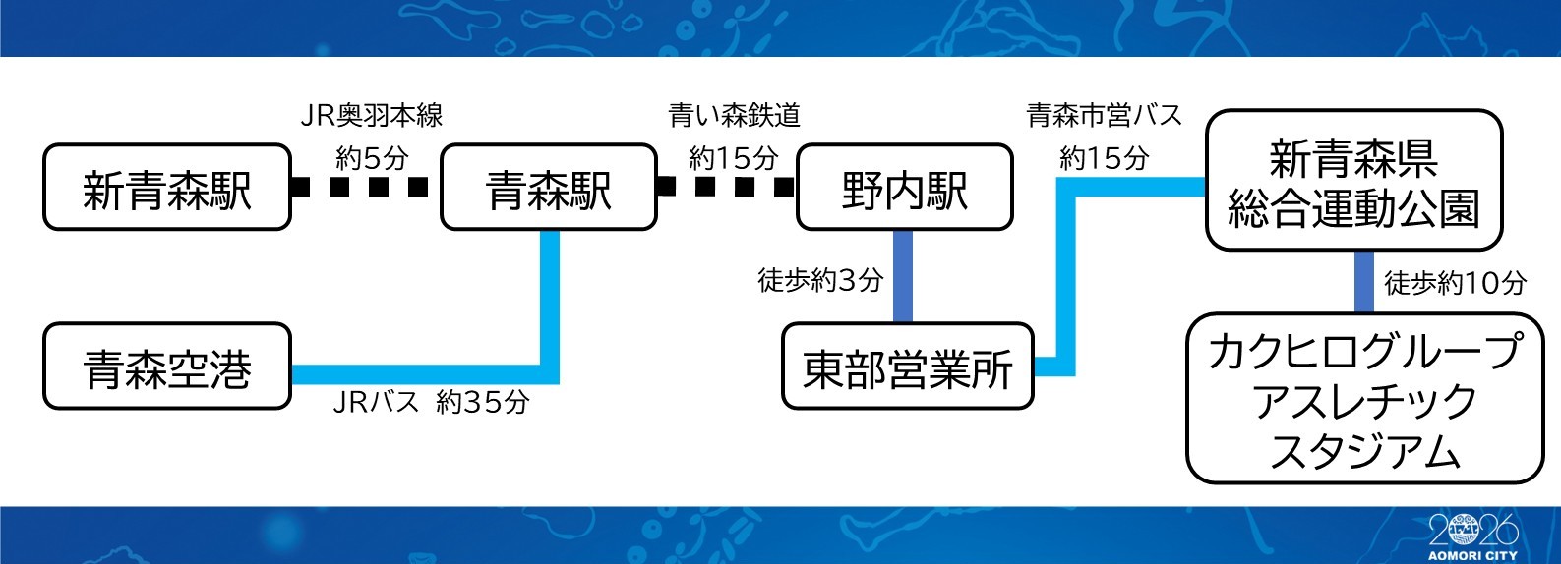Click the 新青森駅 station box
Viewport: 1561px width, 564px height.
coord(167,187)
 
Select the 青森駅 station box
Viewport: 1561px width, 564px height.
coord(549,187)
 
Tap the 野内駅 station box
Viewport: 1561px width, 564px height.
coord(905,187)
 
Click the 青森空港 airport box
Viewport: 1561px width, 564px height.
coord(167,366)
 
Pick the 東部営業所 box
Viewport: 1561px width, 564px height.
coord(907,366)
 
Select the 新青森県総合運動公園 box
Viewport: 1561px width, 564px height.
coord(1354,180)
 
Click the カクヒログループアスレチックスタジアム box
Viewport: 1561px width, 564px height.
coord(1365,398)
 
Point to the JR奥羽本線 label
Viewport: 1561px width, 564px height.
coord(372,116)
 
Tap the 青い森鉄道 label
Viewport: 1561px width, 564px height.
coord(735,116)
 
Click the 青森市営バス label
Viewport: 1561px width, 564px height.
coord(1104,116)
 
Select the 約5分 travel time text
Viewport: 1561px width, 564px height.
coord(372,159)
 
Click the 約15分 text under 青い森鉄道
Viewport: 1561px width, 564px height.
coord(733,159)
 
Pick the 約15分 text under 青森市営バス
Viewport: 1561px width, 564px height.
coord(1104,159)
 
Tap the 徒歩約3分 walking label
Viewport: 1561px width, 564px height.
coord(821,281)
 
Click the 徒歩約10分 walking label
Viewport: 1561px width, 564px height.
coord(1455,283)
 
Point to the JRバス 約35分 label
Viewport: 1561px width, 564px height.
coord(432,402)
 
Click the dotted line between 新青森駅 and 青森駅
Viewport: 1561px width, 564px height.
coord(360,188)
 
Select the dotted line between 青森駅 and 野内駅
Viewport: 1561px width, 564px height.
coord(726,187)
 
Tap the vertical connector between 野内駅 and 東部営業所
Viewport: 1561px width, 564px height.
coord(902,276)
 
